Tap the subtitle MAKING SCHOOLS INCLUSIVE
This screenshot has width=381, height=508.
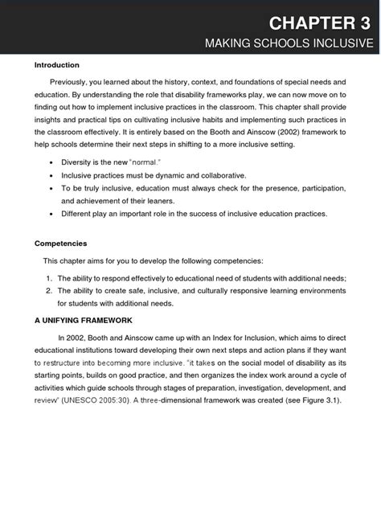289,43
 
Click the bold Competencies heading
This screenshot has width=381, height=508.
61,243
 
